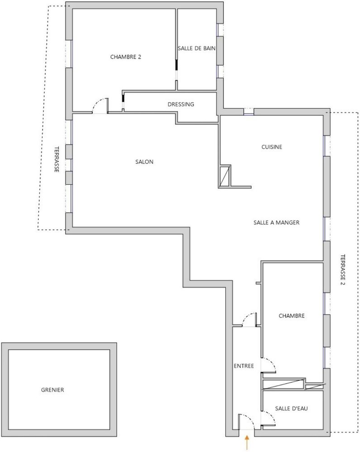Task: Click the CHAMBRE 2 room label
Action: pos(125,57)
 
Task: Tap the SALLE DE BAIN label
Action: pos(196,48)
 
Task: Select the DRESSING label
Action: pos(181,104)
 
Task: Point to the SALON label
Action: pos(144,162)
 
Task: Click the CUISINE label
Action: pos(272,147)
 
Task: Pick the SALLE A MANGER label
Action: pos(276,222)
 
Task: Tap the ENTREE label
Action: pos(244,366)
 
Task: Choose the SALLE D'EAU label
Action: pos(291,409)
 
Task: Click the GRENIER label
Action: pos(52,390)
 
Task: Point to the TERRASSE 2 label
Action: pos(343,269)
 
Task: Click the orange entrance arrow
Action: pos(247,443)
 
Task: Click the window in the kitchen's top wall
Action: pos(248,112)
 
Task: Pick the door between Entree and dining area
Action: pos(249,320)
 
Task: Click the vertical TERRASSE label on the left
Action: pos(57,160)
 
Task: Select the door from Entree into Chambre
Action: pos(268,366)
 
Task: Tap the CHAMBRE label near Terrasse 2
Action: pos(292,316)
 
